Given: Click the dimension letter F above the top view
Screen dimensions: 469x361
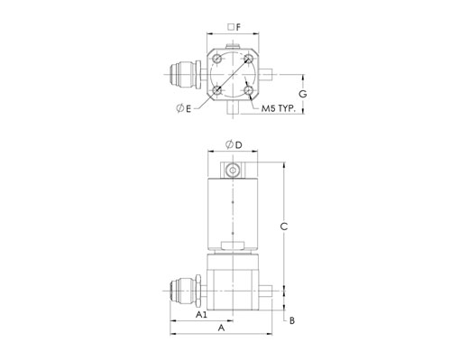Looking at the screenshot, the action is tap(238, 27).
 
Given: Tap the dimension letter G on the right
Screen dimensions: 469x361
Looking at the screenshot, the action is tap(303, 94).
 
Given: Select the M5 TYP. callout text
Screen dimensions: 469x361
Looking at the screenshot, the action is tap(279, 108).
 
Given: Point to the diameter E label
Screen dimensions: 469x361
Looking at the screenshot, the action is tap(183, 108).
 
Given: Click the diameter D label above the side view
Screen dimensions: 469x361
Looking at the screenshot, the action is tap(234, 145).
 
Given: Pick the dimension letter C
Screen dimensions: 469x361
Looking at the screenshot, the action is tap(284, 227).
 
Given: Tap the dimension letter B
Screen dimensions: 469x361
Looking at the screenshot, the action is tap(292, 320).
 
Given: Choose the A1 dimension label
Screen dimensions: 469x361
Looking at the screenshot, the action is tap(201, 315).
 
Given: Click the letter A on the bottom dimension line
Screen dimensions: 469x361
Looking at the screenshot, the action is tap(221, 328).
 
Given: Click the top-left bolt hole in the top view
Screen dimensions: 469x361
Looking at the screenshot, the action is tap(217, 59).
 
